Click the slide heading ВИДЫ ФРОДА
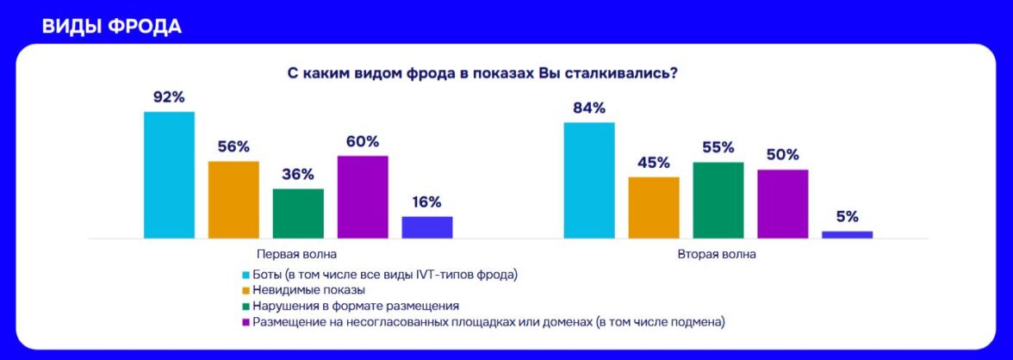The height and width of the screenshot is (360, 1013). click(111, 26)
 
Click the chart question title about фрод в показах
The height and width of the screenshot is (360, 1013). click(482, 74)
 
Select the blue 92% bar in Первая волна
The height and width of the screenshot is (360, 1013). click(169, 175)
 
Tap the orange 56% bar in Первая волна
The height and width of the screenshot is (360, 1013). click(233, 199)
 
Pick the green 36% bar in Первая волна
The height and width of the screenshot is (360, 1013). click(298, 213)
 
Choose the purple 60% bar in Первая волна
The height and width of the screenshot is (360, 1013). click(363, 196)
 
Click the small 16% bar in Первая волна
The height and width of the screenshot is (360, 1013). click(427, 227)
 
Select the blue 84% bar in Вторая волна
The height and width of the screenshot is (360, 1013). click(589, 180)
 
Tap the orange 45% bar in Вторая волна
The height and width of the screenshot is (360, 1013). click(654, 207)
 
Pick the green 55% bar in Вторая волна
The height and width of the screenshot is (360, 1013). click(718, 200)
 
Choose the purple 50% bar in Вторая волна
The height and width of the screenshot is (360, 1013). click(783, 203)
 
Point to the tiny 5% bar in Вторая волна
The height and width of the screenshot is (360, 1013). click(848, 234)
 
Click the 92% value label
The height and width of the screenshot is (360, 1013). click(169, 97)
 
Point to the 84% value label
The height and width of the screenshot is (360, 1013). click(589, 109)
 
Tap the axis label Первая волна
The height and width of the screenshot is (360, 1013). click(297, 255)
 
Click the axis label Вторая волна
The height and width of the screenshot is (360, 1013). click(718, 255)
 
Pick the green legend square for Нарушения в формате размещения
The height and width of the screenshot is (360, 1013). click(245, 307)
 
